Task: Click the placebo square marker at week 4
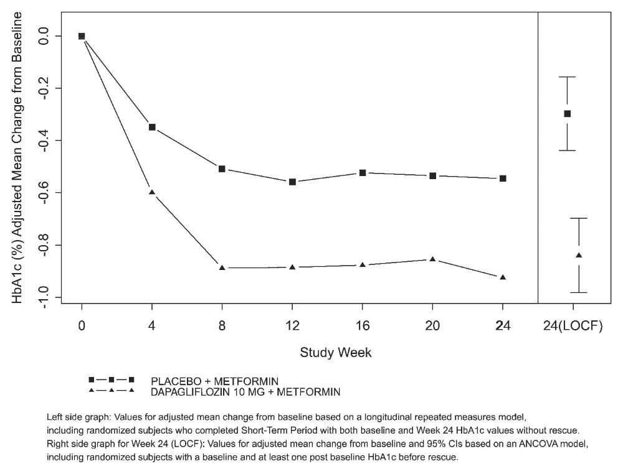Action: pos(152,127)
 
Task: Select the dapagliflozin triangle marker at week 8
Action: pos(222,267)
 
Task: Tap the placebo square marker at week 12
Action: pos(292,182)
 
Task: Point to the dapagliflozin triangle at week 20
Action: pos(432,259)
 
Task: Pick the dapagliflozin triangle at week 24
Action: pos(503,277)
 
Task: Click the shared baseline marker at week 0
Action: pos(82,36)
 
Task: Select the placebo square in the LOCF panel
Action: pos(567,114)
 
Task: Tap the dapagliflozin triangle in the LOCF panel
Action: pos(579,255)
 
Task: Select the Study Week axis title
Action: pos(336,353)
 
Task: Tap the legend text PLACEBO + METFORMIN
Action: pos(214,381)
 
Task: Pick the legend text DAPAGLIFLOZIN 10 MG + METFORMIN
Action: pos(245,392)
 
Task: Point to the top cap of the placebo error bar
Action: pos(567,77)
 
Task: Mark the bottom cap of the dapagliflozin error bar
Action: pos(579,292)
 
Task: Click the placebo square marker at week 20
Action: pos(432,176)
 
